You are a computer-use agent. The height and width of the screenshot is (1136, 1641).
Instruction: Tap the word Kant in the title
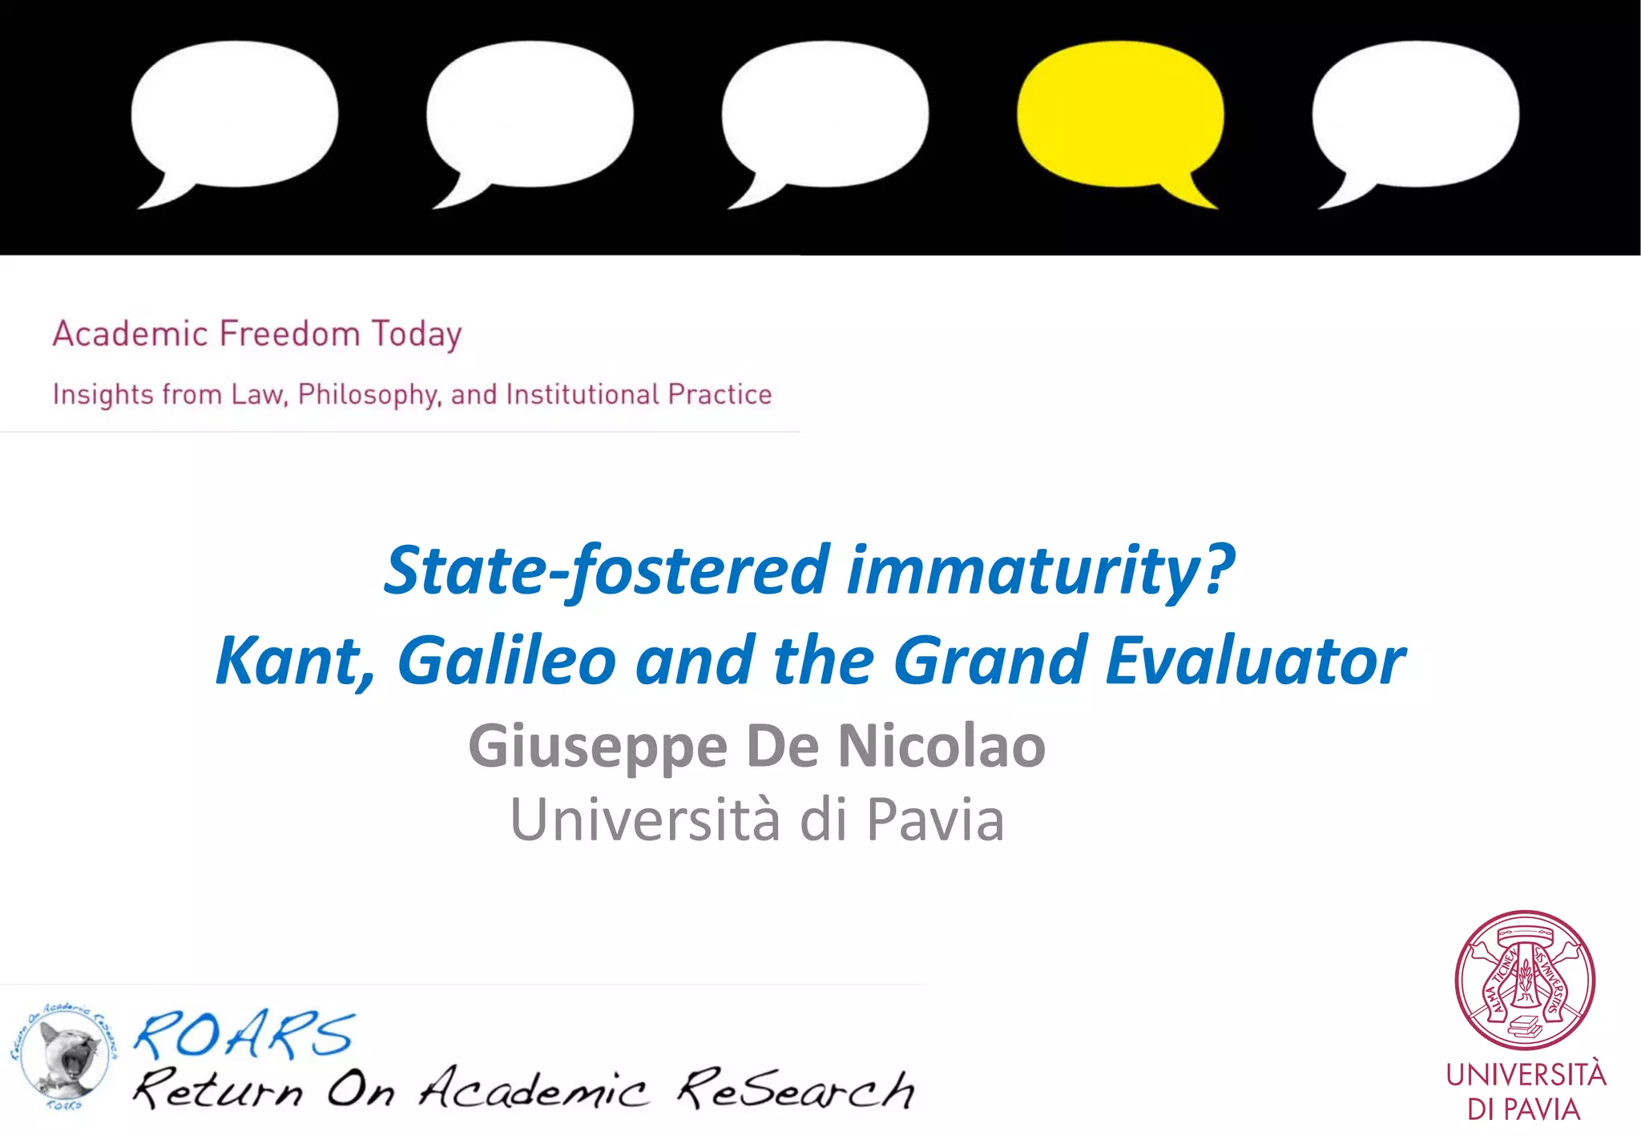(294, 661)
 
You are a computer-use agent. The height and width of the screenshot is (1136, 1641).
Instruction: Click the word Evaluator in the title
(1255, 661)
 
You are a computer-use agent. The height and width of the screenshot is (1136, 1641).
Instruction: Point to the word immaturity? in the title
(1040, 570)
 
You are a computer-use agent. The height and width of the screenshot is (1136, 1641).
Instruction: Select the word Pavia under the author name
(935, 820)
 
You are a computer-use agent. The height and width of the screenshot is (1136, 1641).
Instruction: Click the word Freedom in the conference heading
(289, 333)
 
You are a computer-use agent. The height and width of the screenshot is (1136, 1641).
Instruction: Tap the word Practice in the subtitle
(720, 394)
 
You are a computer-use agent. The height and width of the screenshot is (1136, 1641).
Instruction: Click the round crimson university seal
(1525, 980)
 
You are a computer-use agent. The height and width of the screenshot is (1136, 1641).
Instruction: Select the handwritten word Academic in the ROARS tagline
(533, 1089)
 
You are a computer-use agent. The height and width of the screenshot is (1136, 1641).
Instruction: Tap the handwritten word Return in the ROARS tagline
(218, 1090)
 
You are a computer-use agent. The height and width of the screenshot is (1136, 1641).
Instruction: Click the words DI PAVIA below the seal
(1524, 1110)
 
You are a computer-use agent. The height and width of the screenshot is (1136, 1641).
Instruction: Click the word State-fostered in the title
(607, 570)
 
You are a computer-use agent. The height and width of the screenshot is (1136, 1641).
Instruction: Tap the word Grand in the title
(990, 661)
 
